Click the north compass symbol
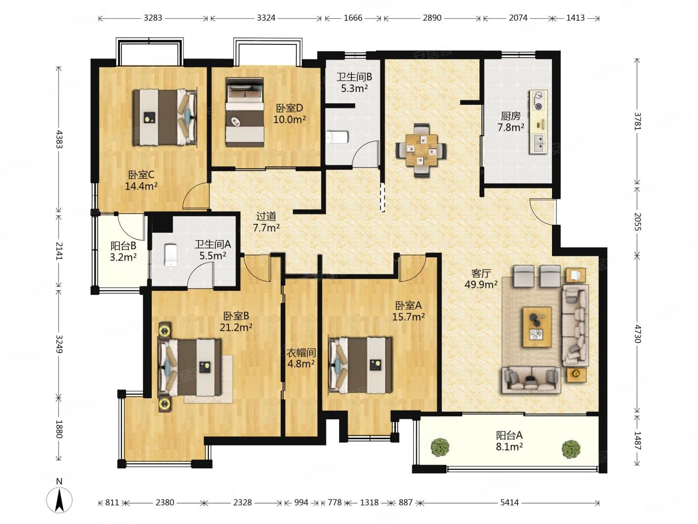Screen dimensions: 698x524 coord(59,500)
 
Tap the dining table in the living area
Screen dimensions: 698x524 coord(421,150)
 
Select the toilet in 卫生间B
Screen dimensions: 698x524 coord(337,137)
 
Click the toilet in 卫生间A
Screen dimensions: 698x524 coord(171,255)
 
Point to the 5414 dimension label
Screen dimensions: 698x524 coord(509,502)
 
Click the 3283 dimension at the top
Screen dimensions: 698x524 coord(153,18)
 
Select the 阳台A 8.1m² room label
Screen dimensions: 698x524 coord(509,441)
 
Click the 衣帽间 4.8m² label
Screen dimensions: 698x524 coord(301,358)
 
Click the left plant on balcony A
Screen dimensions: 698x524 coord(440,447)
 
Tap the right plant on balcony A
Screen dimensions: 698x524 coord(571,449)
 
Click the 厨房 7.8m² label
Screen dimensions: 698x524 coord(511,122)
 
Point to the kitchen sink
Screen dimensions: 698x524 coord(538,143)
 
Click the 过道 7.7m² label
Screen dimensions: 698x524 coord(266,222)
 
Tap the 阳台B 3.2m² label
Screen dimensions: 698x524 coord(123,251)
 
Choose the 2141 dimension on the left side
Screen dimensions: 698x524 coord(59,251)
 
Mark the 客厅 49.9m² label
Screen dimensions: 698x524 coord(481,278)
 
